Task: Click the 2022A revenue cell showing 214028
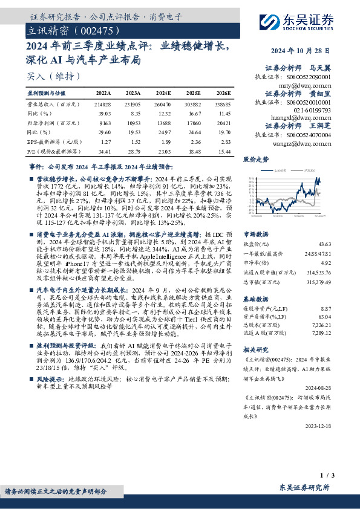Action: [103, 105]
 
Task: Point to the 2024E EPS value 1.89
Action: [165, 140]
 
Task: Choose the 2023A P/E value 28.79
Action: [134, 149]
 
